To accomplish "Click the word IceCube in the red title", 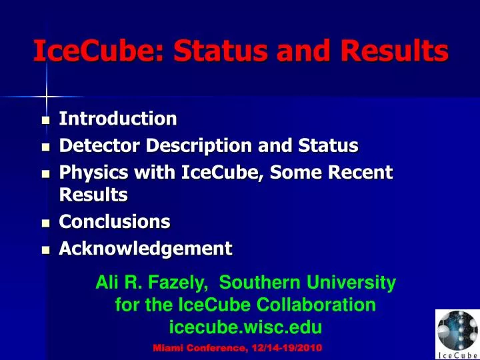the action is pos(98,51).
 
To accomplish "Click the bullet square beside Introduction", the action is pos(45,120).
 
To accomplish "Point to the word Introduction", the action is pos(118,119).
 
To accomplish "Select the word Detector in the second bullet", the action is pos(99,145).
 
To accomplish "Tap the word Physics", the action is pos(94,173).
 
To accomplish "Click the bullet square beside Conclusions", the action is pos(45,223).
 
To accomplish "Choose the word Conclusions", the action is pos(115,221).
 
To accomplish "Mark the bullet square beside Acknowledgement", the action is pos(45,250).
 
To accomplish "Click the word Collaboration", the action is pos(316,305).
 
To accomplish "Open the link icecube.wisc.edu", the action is pos(245,327).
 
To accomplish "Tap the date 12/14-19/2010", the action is pos(287,348).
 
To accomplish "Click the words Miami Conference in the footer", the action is pos(200,348).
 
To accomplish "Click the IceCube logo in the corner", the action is pos(457,335).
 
